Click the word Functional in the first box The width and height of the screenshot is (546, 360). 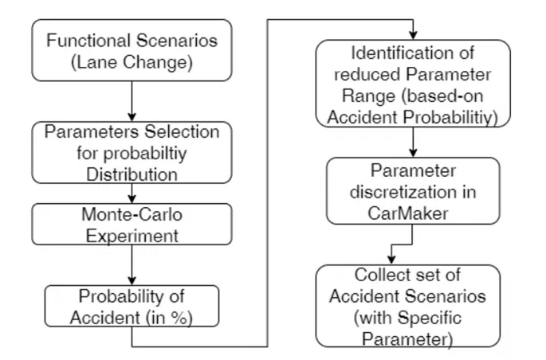88,41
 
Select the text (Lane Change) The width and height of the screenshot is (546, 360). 132,62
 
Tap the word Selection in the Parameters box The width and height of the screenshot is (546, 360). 182,132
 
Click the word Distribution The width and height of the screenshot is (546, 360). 132,174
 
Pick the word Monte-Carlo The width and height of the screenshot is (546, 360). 132,214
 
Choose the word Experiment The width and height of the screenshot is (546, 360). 132,237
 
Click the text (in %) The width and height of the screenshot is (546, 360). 168,318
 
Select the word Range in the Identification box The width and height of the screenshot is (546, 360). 368,96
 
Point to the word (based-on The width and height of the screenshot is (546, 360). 442,96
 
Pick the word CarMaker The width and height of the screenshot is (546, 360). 408,213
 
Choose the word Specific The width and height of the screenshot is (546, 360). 430,318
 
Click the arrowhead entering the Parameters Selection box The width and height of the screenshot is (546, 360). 132,117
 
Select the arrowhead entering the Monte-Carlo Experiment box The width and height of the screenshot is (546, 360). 132,198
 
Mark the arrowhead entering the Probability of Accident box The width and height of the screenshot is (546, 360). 132,280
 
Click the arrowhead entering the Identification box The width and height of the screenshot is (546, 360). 413,35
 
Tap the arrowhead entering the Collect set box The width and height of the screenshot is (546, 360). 391,260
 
